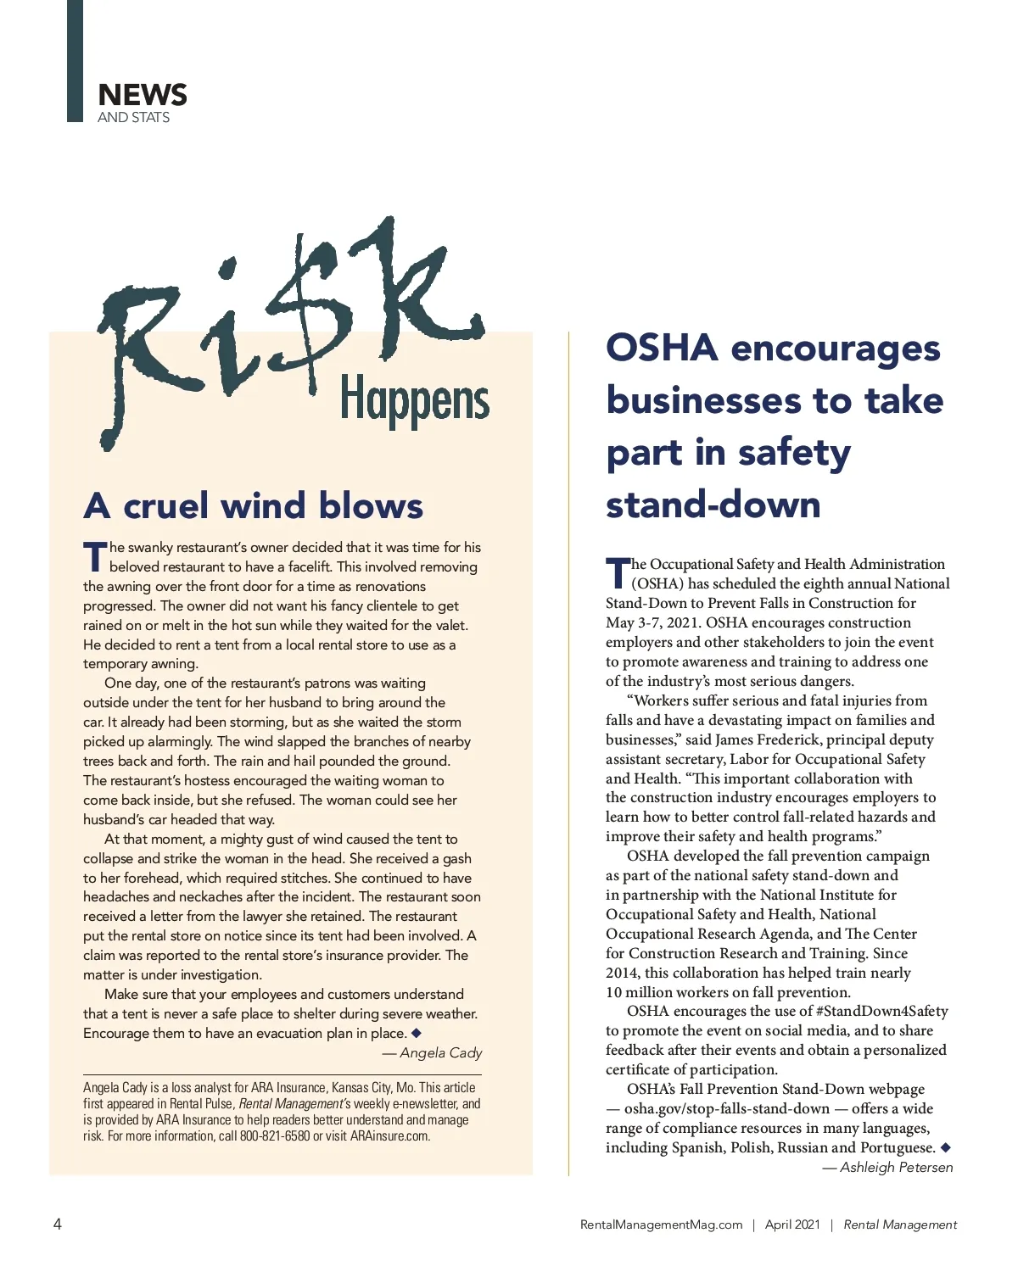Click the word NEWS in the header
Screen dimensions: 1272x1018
point(143,95)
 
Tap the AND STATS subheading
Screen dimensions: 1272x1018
point(133,118)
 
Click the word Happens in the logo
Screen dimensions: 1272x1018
point(414,401)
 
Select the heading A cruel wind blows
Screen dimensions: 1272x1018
point(253,506)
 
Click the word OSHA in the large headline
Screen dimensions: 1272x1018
point(662,349)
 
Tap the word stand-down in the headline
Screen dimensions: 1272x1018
point(713,505)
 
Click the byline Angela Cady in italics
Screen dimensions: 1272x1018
point(440,1053)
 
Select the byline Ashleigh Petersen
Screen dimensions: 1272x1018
point(896,1168)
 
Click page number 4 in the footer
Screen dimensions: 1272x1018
point(58,1224)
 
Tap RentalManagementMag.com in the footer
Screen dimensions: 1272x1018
point(661,1225)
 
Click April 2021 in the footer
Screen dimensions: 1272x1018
point(792,1225)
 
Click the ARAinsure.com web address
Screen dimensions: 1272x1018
point(390,1136)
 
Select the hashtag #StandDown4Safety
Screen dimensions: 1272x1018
point(881,1012)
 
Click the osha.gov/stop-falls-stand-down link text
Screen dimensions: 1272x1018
point(726,1109)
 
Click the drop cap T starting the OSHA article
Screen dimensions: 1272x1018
point(618,574)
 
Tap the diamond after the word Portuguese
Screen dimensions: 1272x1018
point(946,1147)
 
